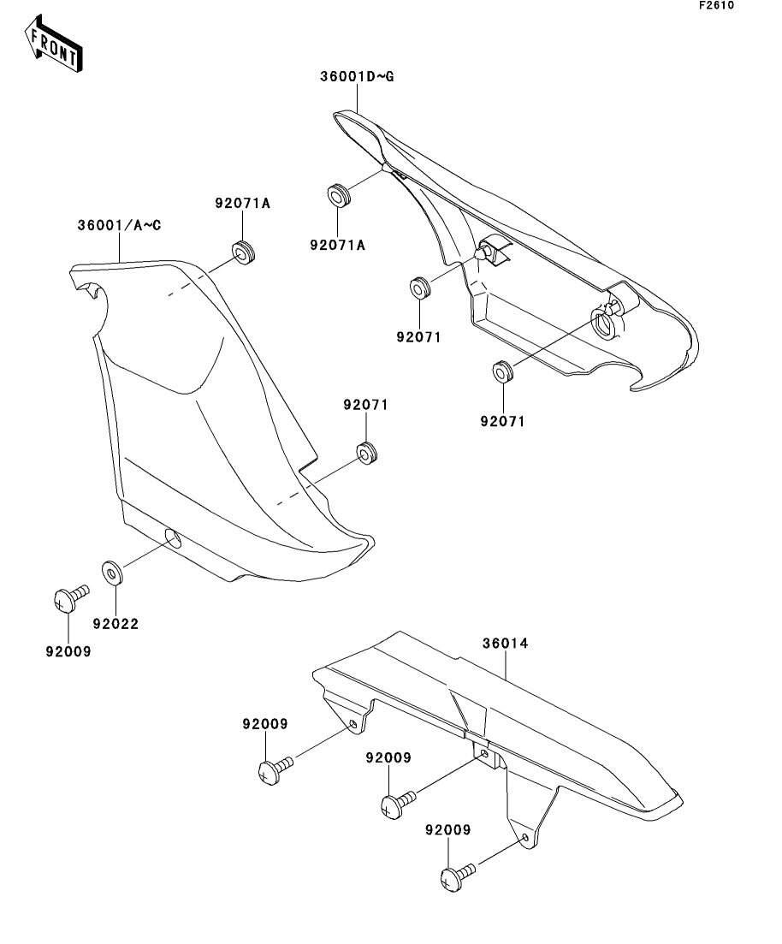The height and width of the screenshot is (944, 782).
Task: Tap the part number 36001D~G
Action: coord(358,77)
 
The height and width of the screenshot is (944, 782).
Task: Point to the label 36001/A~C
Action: coord(120,225)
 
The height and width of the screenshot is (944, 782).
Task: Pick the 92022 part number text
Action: coord(118,624)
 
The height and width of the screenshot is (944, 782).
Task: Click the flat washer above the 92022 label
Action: coord(112,572)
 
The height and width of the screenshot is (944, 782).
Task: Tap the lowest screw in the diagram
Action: coord(454,876)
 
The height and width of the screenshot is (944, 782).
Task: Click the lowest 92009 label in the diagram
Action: coord(448,830)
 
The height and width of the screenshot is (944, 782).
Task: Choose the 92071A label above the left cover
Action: coord(242,203)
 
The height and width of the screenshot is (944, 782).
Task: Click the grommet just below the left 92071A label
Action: coord(244,253)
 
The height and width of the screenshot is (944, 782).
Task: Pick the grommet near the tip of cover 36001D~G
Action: coord(340,195)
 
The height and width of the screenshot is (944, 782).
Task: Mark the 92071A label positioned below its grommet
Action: coord(337,246)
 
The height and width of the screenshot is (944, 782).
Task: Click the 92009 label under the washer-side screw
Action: coord(68,650)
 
